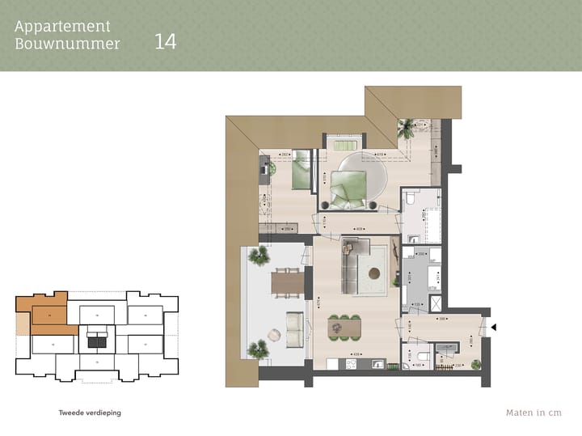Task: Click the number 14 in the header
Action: pyautogui.click(x=165, y=41)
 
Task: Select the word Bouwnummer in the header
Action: pyautogui.click(x=67, y=44)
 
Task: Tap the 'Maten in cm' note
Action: pyautogui.click(x=533, y=413)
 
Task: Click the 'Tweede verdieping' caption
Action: pyautogui.click(x=90, y=413)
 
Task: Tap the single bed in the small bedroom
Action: pyautogui.click(x=302, y=170)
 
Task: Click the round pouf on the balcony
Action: pyautogui.click(x=272, y=332)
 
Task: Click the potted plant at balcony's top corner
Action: pyautogui.click(x=259, y=257)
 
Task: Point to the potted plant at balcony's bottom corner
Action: pyautogui.click(x=259, y=349)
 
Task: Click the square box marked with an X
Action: pyautogui.click(x=437, y=303)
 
